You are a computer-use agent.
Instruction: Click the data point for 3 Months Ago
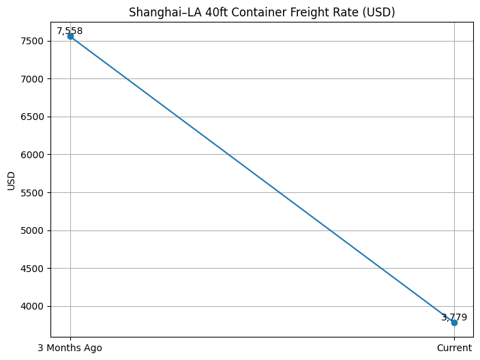pos(70,36)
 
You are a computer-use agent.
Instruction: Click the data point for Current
pos(454,322)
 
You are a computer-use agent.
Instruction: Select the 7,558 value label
pos(70,31)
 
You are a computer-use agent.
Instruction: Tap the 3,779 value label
pos(454,317)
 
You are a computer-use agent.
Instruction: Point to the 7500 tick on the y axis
pos(33,41)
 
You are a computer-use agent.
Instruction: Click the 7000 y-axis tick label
pos(33,79)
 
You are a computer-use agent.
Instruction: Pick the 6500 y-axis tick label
pos(33,117)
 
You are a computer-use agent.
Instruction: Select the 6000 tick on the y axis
pos(33,155)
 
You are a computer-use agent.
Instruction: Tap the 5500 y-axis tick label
pos(33,193)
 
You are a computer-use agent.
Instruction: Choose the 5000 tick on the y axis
pos(33,230)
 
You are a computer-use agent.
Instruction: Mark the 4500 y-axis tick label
pos(33,269)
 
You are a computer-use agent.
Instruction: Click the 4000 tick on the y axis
pos(33,306)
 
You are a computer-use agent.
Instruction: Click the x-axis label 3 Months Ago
pos(70,348)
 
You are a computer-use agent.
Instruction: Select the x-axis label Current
pos(454,348)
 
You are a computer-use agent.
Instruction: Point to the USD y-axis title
pos(11,180)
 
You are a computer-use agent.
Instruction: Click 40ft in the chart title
pos(208,12)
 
